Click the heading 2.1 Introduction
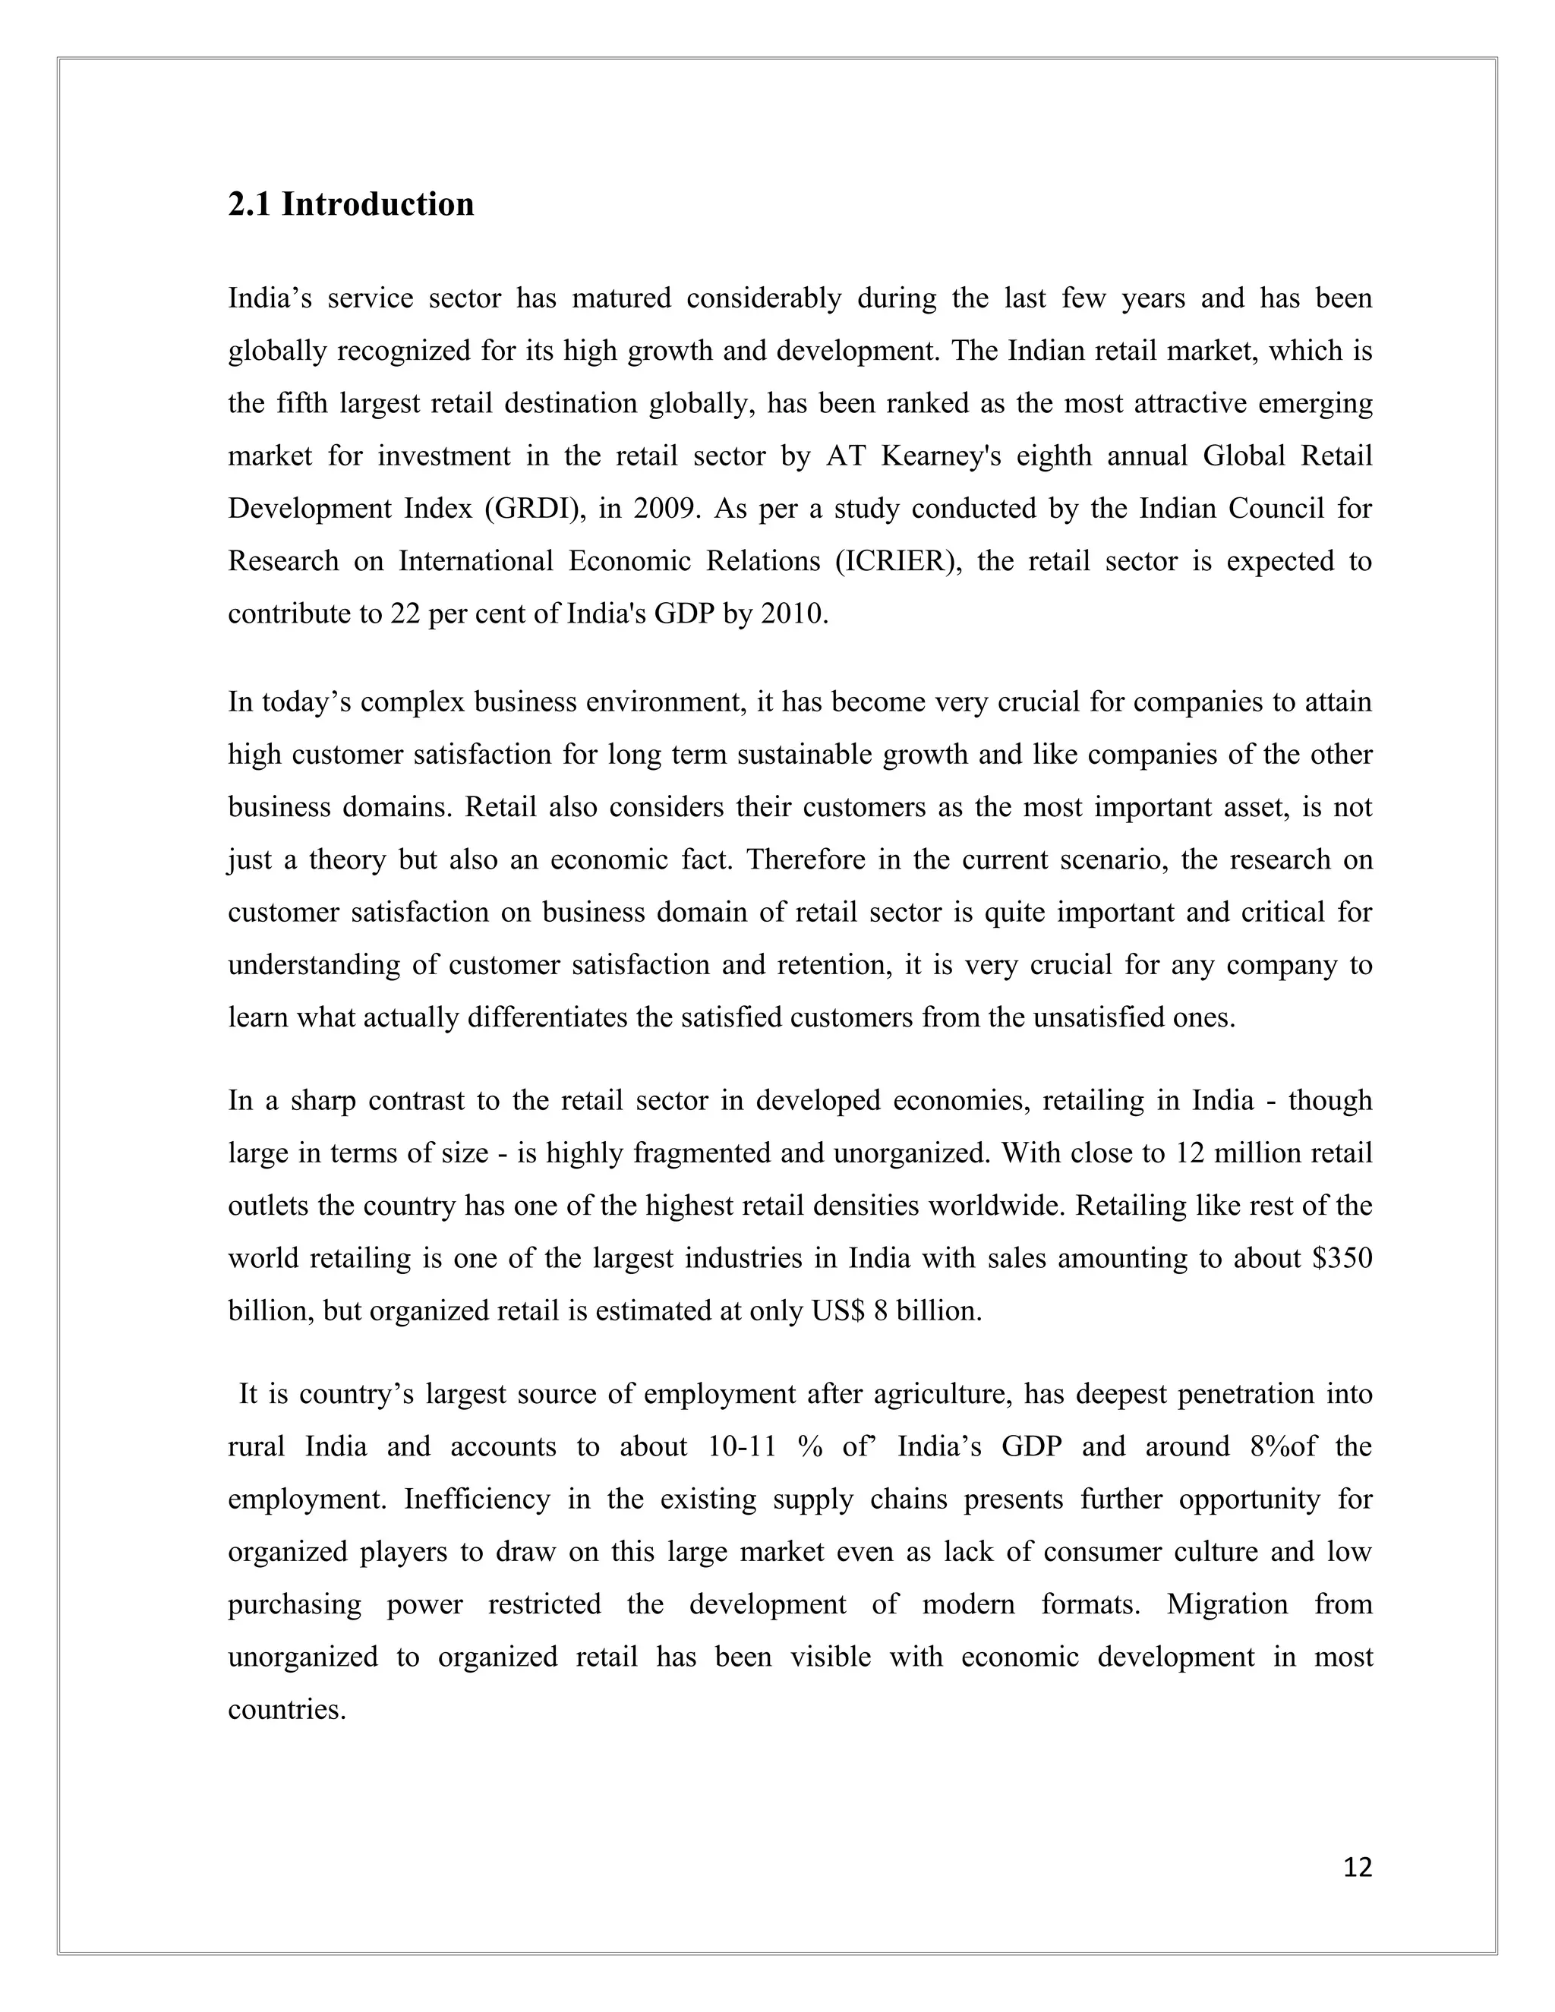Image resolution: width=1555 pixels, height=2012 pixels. click(351, 204)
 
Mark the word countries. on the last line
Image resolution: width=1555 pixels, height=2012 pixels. click(286, 1711)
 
